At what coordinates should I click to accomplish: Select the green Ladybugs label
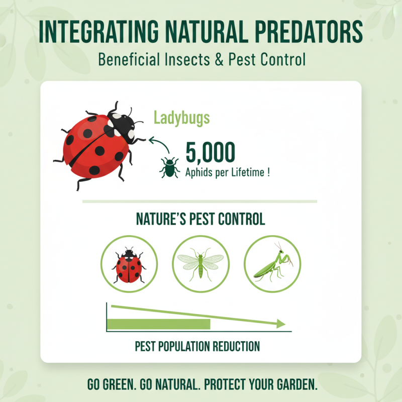181,119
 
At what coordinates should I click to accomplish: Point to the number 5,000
210,152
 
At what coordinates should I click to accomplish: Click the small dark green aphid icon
170,167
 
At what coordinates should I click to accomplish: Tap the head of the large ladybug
124,123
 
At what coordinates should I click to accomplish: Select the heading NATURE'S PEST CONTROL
200,220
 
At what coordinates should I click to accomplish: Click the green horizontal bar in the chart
159,324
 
